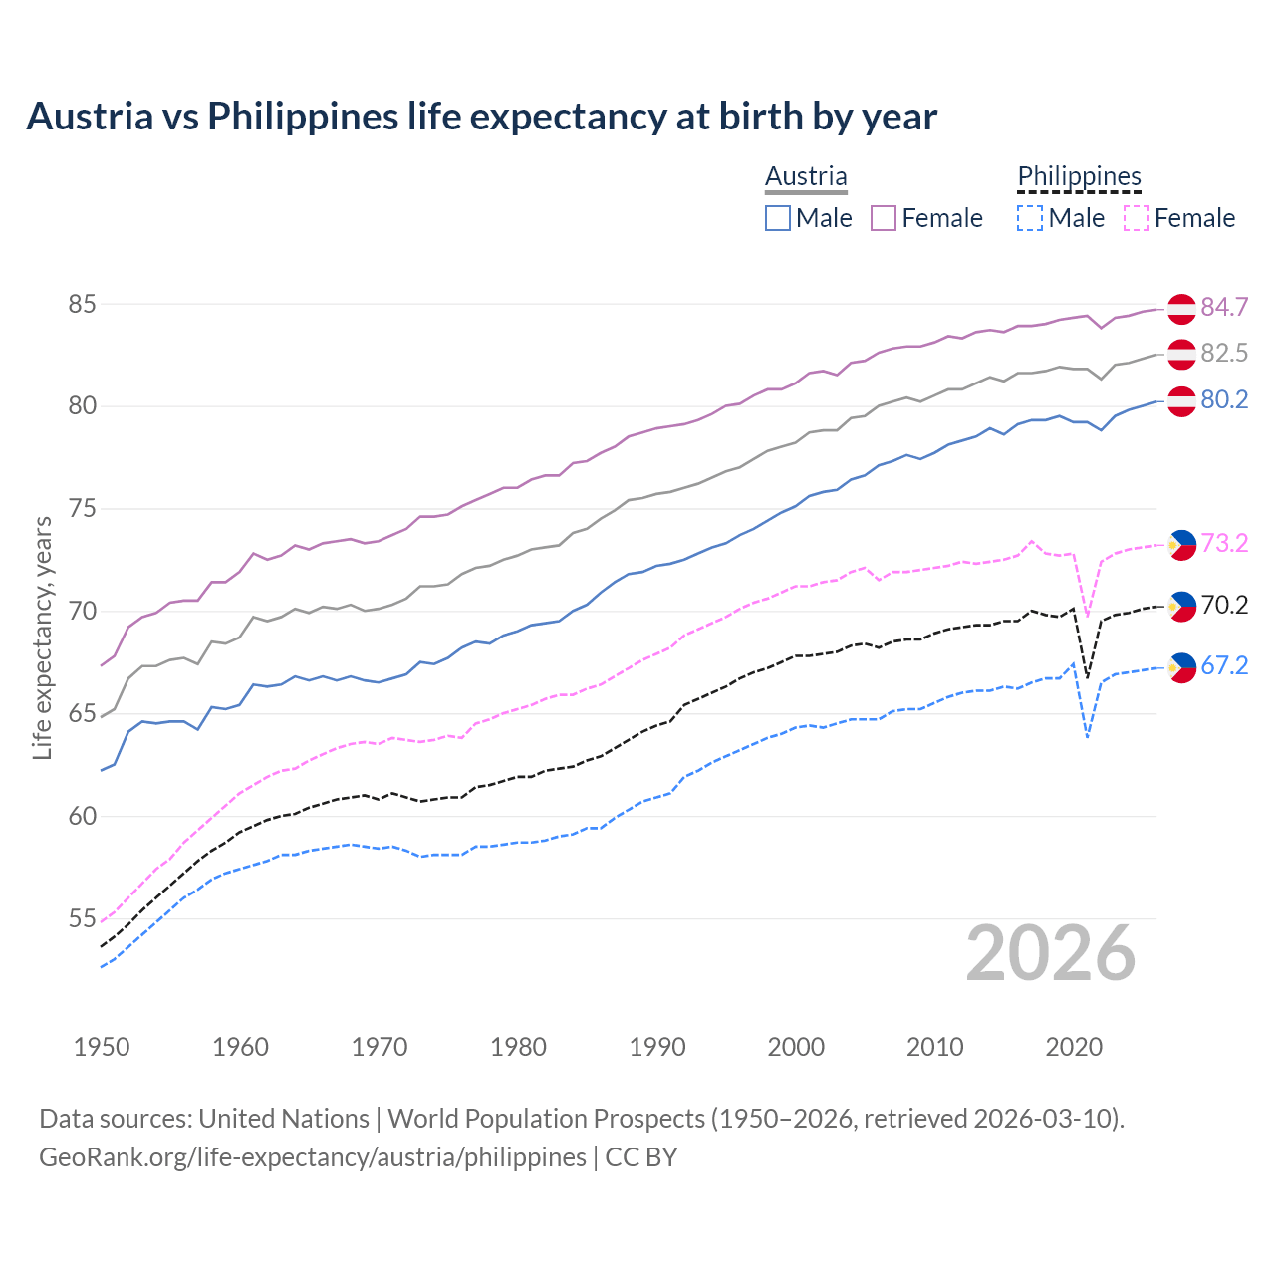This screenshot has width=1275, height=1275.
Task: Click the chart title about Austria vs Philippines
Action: pos(481,117)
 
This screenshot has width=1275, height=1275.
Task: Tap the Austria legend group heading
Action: pos(806,176)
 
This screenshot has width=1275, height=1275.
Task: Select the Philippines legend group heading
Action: pos(1079,176)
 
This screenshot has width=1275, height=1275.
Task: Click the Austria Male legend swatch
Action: pos(778,218)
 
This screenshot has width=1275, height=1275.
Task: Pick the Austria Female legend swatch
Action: pos(884,218)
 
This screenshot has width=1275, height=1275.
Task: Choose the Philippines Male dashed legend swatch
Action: pos(1030,218)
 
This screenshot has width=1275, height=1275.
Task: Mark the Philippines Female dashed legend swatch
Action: pos(1137,218)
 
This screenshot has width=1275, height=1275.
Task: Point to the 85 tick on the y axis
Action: pos(82,304)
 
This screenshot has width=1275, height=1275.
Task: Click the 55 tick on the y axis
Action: pos(82,918)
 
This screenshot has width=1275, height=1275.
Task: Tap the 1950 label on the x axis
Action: pos(102,1047)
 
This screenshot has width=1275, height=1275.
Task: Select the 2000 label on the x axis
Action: pos(796,1047)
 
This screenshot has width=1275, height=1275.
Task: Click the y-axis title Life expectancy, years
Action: pos(43,637)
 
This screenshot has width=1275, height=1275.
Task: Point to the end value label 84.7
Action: pos(1224,307)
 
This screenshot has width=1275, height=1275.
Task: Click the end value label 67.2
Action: pos(1224,665)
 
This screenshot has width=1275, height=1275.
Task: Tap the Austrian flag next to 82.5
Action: pos(1181,354)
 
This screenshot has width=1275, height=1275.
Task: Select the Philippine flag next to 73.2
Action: pos(1181,544)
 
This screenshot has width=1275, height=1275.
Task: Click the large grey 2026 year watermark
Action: pos(1051,953)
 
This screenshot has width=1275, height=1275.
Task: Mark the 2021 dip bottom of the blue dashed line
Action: pos(1087,737)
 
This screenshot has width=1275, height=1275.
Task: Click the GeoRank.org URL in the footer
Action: pos(312,1157)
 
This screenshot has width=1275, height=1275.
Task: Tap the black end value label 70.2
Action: pos(1224,605)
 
